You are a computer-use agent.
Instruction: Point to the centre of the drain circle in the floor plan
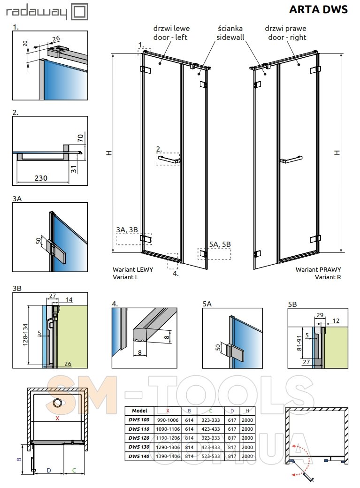[x=57, y=403]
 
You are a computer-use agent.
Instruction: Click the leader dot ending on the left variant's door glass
[x=161, y=63]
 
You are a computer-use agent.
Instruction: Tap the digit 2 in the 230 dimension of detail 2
[x=37, y=178]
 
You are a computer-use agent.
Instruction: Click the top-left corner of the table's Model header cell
[x=125, y=407]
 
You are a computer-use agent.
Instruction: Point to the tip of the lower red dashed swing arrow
[x=292, y=475]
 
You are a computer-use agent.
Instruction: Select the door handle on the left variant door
[x=169, y=160]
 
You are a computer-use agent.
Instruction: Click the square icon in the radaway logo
[x=79, y=12]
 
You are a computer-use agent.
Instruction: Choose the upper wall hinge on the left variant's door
[x=146, y=69]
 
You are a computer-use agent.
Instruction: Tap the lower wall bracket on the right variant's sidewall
[x=258, y=253]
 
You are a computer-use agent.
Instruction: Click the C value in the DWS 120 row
[x=211, y=438]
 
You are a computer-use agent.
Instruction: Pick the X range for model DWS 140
[x=168, y=456]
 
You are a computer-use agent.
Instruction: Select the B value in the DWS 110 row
[x=189, y=429]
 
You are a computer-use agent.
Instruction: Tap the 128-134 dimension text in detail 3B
[x=25, y=335]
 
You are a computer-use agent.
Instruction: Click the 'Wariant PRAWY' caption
[x=318, y=269]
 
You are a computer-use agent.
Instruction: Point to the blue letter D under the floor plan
[x=49, y=470]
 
